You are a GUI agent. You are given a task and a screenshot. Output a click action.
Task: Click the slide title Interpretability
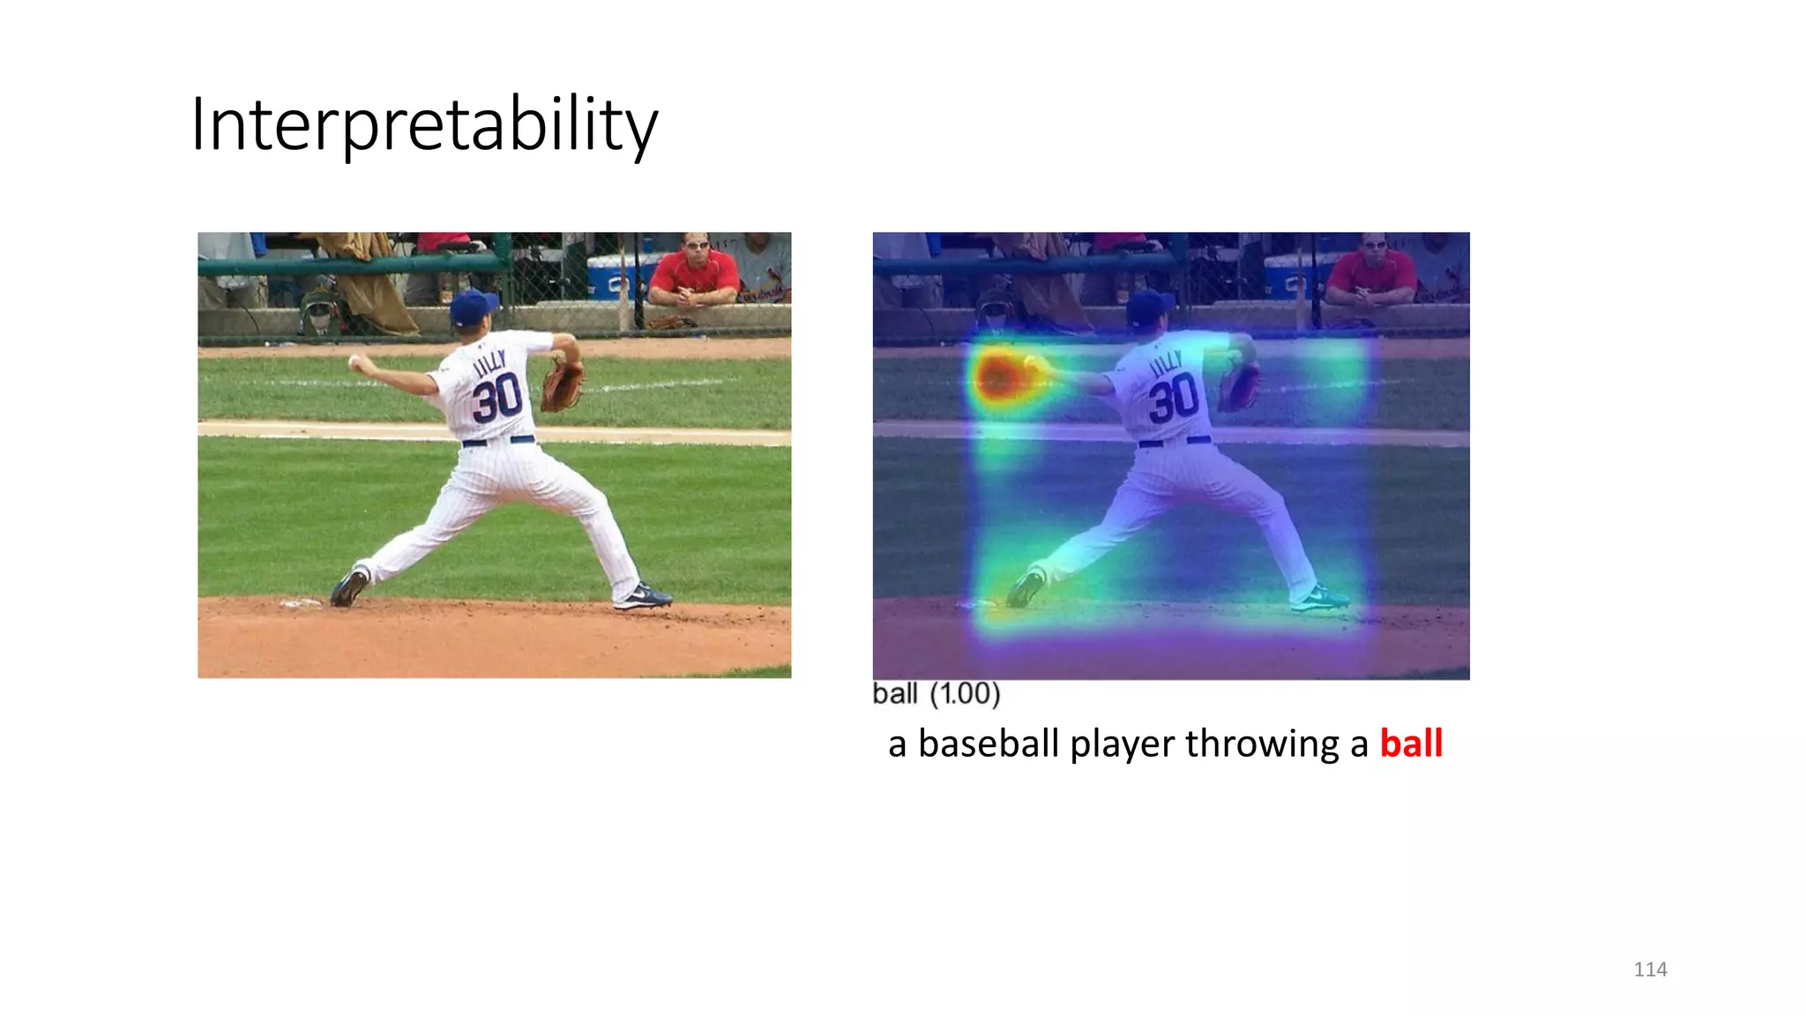tap(423, 124)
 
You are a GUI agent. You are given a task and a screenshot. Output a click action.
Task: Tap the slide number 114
tap(1650, 969)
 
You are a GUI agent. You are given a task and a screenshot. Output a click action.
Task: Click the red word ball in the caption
tap(1411, 743)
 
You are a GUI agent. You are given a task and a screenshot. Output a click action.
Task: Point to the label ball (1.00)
tap(936, 694)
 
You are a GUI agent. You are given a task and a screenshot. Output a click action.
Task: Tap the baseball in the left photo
tap(354, 361)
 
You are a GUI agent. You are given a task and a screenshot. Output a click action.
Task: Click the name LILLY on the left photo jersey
tap(489, 362)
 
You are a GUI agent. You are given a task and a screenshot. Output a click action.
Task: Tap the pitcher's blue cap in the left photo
tap(473, 307)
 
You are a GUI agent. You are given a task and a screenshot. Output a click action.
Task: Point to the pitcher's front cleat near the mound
tap(349, 587)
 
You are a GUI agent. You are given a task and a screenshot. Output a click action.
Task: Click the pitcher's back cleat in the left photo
tap(644, 597)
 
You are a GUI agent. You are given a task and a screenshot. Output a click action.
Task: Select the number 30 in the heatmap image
tap(1173, 398)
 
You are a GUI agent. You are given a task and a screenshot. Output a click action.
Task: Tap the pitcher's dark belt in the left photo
tap(498, 440)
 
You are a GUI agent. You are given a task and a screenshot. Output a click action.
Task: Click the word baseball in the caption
tap(988, 743)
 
